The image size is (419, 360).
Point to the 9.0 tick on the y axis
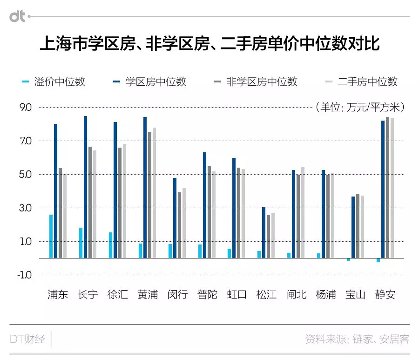(x=26, y=108)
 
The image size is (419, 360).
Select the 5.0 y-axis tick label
(x=26, y=175)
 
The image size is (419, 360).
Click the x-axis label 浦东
(x=58, y=295)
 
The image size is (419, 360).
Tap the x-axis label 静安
(x=385, y=295)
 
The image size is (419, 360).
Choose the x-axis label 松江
(x=266, y=295)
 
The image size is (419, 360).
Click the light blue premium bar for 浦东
(x=51, y=236)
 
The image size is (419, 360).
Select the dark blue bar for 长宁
(x=86, y=187)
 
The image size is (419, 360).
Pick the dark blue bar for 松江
(x=264, y=232)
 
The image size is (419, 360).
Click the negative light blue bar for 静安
(x=378, y=260)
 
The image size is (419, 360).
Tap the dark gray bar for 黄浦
(x=149, y=195)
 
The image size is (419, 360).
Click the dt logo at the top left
(x=18, y=17)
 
